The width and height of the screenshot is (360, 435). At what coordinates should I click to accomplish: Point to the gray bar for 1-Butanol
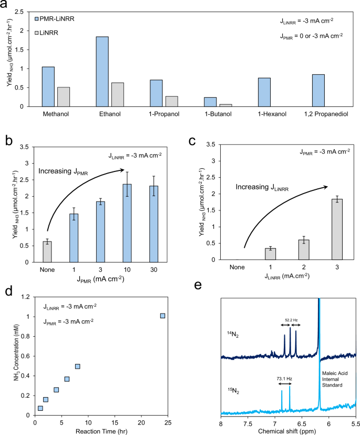pyautogui.click(x=226, y=105)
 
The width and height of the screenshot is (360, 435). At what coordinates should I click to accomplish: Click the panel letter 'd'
pyautogui.click(x=7, y=291)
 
